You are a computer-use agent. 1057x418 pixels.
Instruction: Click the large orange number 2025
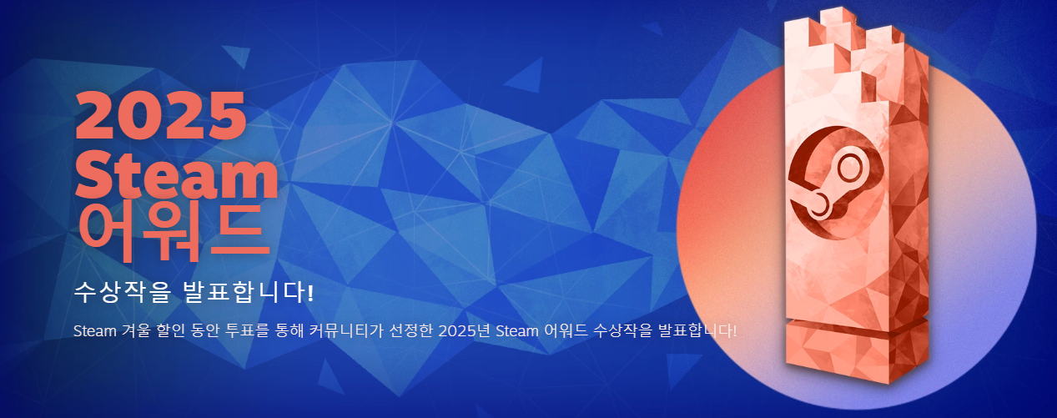(x=161, y=115)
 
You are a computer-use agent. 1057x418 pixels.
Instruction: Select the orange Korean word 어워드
(x=174, y=233)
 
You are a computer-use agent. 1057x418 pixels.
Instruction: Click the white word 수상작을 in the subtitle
(x=123, y=293)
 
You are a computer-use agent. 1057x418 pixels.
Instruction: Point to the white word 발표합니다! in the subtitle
(x=248, y=293)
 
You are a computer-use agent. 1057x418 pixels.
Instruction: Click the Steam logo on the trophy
(x=836, y=183)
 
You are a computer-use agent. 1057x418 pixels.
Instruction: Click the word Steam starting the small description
(x=95, y=330)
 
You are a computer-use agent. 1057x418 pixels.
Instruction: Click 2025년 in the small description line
(x=464, y=330)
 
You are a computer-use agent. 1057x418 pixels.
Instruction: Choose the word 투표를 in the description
(x=247, y=330)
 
